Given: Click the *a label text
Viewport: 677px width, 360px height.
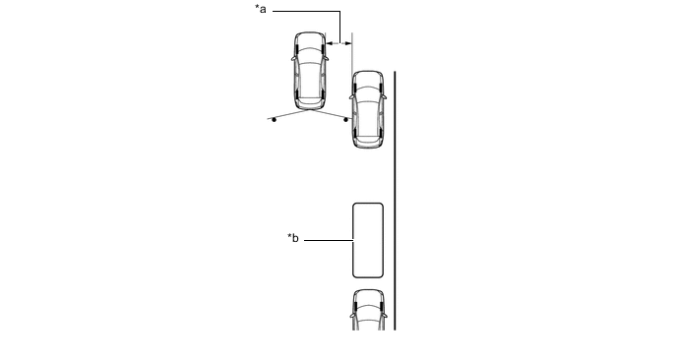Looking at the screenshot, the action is (x=261, y=9).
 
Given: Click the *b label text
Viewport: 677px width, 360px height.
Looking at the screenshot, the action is (x=292, y=238).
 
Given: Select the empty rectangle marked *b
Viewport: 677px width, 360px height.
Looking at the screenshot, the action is (x=368, y=240).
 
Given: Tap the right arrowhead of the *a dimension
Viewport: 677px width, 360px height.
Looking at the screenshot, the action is (x=348, y=43).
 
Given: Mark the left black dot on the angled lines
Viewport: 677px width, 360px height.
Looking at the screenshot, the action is (x=274, y=120).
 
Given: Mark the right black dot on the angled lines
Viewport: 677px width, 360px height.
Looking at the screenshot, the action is (x=345, y=120).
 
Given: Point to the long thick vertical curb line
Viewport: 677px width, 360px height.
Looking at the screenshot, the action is (x=395, y=201).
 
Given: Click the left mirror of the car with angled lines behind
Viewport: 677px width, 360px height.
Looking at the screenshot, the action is (x=293, y=57).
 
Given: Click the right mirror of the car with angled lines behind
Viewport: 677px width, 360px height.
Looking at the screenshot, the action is (x=327, y=57).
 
